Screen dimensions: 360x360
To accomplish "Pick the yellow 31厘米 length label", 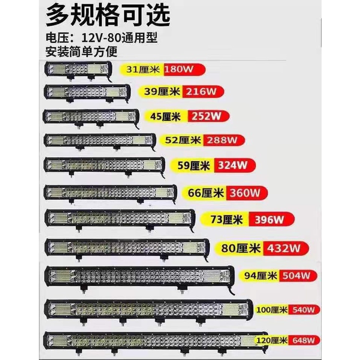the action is coord(143,69).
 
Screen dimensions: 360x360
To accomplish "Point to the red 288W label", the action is coord(224,140).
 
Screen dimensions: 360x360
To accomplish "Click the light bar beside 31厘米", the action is coord(78,69).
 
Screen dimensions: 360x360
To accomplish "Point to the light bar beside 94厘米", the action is coord(139,276).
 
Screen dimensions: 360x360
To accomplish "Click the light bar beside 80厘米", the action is coord(127,248).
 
